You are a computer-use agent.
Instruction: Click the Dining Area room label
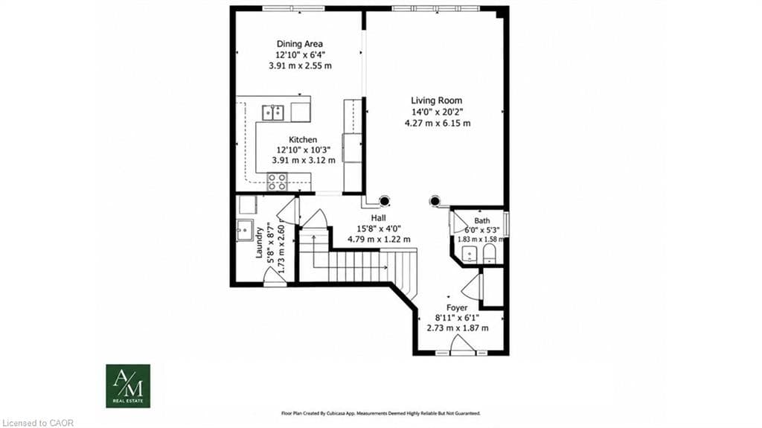point(300,44)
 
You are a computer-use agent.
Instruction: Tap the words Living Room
point(436,100)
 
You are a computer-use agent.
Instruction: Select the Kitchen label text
point(303,140)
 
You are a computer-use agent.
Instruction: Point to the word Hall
point(379,218)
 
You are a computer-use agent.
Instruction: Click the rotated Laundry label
point(260,242)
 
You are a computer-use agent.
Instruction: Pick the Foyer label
point(457,308)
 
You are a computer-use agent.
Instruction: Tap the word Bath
point(482,221)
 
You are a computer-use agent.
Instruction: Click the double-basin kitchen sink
point(273,113)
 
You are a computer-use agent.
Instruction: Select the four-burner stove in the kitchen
point(277,182)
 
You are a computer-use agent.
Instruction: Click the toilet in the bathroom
point(489,253)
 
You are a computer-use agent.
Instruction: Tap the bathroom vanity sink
point(469,254)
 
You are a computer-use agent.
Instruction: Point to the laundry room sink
point(244,230)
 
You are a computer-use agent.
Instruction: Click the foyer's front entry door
point(462,345)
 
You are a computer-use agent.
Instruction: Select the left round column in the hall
point(385,200)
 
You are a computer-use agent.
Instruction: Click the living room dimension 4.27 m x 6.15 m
point(438,124)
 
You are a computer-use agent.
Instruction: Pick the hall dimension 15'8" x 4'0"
point(379,229)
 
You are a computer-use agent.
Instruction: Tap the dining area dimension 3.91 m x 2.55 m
point(301,66)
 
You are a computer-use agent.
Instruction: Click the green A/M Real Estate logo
point(128,386)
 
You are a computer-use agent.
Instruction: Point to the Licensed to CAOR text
point(37,423)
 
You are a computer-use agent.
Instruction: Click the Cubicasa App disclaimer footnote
point(381,413)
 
